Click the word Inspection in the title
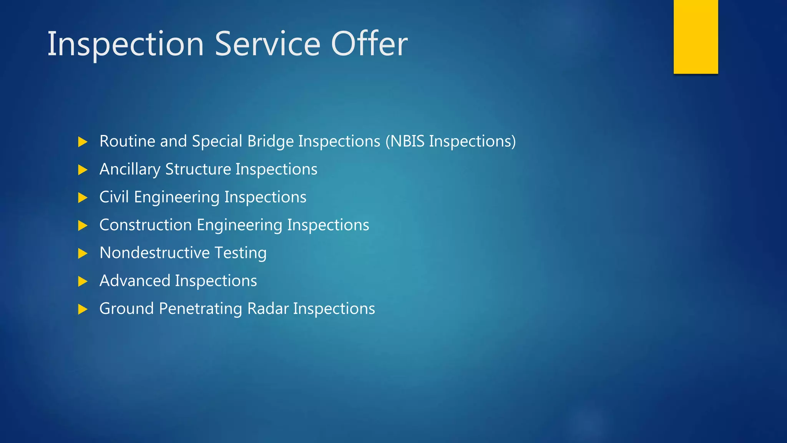click(x=125, y=44)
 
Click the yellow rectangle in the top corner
click(x=696, y=37)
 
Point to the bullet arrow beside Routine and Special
click(x=83, y=142)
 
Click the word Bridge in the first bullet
click(x=271, y=142)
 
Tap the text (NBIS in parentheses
click(x=405, y=142)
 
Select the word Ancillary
click(x=130, y=170)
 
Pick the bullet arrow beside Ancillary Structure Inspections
click(x=83, y=170)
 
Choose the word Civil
click(x=114, y=197)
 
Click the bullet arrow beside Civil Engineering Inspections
click(x=83, y=198)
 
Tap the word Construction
click(x=145, y=225)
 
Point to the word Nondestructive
click(x=154, y=253)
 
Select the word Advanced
click(x=134, y=281)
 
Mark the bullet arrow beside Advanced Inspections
click(x=83, y=281)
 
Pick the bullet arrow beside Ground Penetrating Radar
click(x=83, y=309)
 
